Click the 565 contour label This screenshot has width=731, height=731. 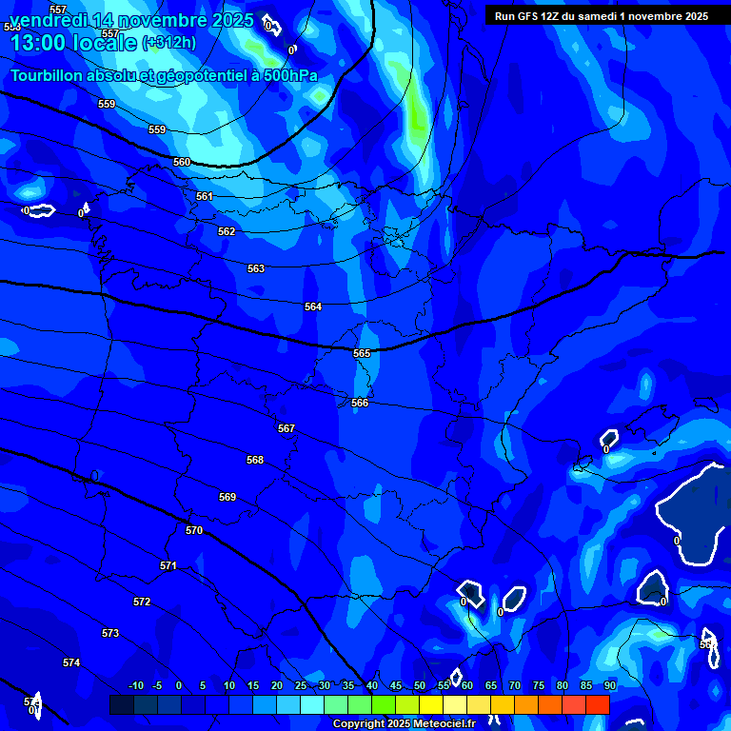coord(362,353)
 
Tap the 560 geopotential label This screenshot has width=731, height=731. coord(182,162)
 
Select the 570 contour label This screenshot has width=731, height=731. coord(194,530)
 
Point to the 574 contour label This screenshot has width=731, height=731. coord(71,662)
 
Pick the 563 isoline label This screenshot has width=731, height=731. coord(256,269)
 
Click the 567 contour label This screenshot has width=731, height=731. coord(286,428)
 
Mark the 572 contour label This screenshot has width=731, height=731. coord(142,602)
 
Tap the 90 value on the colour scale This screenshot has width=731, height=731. coord(609,685)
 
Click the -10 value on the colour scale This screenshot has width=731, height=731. coord(135,685)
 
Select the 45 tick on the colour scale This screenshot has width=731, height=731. coord(395,685)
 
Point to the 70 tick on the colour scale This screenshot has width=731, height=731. coord(514,685)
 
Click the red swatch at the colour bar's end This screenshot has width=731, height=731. coord(597,704)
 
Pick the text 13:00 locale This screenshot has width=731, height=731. coord(73,43)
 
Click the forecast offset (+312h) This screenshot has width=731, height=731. coord(169,43)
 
